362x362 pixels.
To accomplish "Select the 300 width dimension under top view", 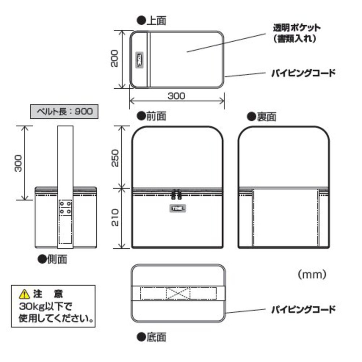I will pos(177,96).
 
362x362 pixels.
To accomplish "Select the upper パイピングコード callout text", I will pos(303,73).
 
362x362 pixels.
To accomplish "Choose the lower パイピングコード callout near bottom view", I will pos(303,310).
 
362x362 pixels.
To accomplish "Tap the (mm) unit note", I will pos(312,275).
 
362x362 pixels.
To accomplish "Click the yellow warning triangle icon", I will pos(24,292).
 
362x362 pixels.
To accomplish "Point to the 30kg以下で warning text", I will pos(46,306).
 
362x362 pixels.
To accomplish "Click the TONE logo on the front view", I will pos(177,208).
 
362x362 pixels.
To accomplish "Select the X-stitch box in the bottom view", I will pos(178,293).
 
